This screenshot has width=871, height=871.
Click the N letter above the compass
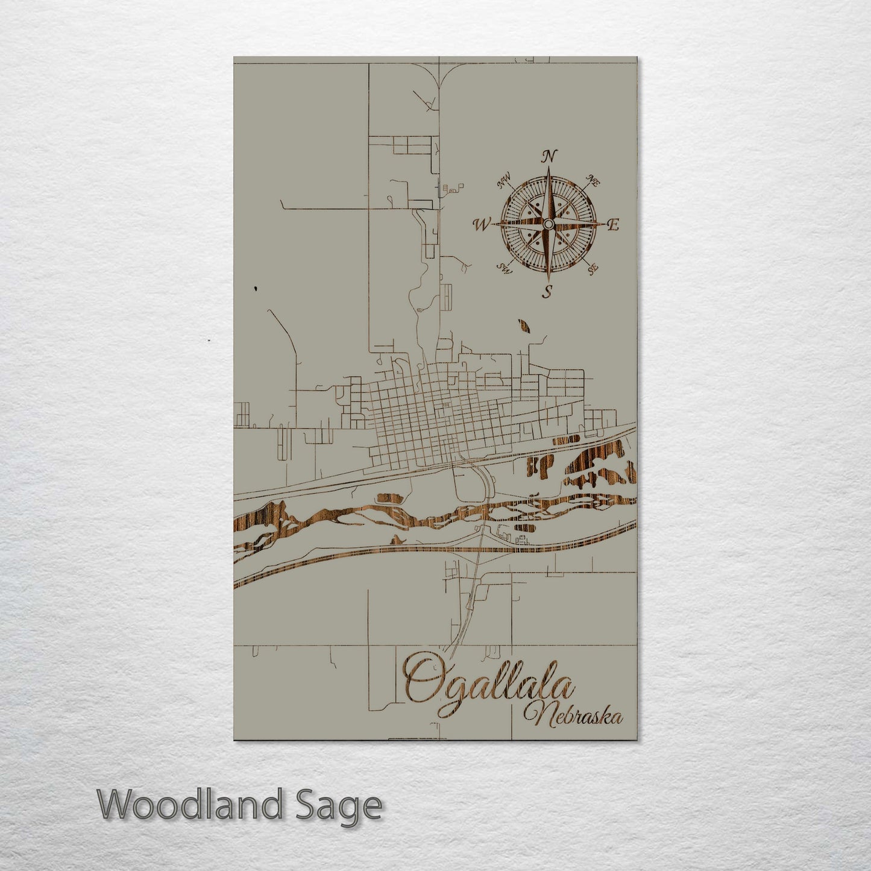pyautogui.click(x=549, y=156)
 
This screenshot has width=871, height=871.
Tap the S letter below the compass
pyautogui.click(x=547, y=292)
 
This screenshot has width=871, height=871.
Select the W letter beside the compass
pyautogui.click(x=482, y=225)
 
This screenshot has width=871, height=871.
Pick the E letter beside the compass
pyautogui.click(x=613, y=225)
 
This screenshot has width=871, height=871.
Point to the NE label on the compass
pyautogui.click(x=593, y=181)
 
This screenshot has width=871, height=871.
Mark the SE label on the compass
pyautogui.click(x=593, y=268)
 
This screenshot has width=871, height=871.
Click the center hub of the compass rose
pyautogui.click(x=548, y=224)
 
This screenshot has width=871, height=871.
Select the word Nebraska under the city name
pyautogui.click(x=573, y=715)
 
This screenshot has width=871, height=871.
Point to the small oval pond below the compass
pyautogui.click(x=524, y=326)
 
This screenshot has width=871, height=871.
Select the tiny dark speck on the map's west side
pyautogui.click(x=256, y=289)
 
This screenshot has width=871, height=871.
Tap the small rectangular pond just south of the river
pyautogui.click(x=522, y=527)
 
